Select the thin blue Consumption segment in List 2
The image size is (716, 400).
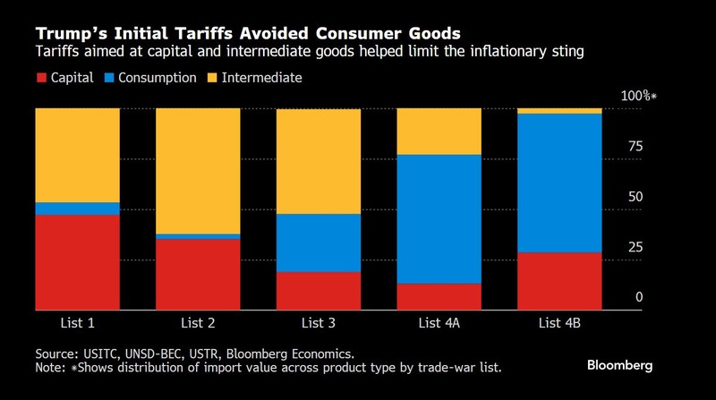[x=198, y=236]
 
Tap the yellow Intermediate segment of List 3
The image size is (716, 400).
[x=319, y=161]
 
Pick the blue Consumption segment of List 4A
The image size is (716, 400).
[x=439, y=219]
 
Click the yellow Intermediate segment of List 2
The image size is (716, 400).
[x=198, y=170]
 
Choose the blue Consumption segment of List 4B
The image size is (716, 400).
[x=560, y=183]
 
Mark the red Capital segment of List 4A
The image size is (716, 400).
[x=439, y=296]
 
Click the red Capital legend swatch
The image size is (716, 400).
[x=40, y=78]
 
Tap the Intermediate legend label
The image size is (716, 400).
[x=261, y=78]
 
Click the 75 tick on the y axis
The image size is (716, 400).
[x=635, y=147]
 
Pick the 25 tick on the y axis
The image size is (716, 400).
[x=635, y=247]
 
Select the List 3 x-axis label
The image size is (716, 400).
[x=319, y=321]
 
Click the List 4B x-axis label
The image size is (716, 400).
[x=560, y=321]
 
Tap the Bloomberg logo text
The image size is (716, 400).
[x=620, y=365]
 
